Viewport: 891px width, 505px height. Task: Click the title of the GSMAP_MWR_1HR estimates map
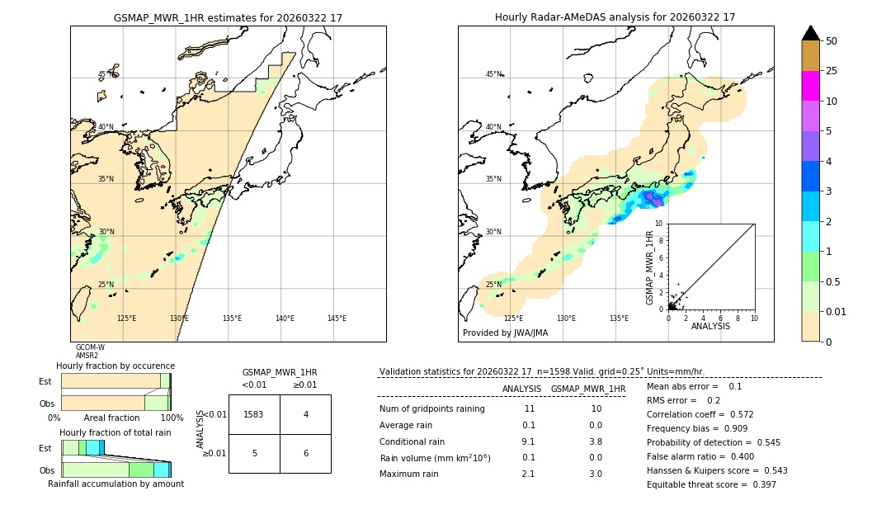pos(228,17)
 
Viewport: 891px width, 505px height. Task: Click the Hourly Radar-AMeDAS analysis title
pos(615,17)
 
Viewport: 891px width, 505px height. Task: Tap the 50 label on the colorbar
pos(832,41)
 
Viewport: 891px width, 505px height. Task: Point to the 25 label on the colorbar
pos(832,71)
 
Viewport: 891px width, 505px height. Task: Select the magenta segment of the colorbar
pos(810,86)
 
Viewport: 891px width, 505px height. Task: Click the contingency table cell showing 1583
pos(254,414)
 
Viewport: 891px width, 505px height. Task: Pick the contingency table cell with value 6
pos(305,454)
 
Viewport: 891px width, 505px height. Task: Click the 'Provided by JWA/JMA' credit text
pos(505,333)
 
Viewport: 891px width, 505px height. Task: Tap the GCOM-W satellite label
pos(90,347)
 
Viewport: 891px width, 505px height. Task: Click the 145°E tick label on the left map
pos(337,319)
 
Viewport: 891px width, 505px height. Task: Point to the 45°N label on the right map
pos(493,74)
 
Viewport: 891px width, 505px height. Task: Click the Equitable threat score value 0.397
pos(759,484)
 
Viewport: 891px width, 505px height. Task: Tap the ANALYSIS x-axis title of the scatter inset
pos(710,326)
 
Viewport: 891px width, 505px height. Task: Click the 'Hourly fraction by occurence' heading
pos(115,366)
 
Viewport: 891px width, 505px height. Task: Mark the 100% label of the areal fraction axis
pos(172,418)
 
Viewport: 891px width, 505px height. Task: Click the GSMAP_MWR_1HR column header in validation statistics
pos(588,389)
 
